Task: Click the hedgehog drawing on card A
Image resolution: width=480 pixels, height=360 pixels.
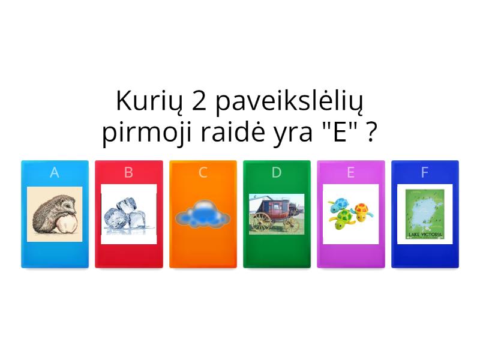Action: (55, 214)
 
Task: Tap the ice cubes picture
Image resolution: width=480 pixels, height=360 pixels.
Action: (128, 214)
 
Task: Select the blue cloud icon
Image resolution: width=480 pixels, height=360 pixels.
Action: (203, 214)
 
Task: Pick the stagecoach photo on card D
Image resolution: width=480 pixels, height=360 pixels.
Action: (277, 214)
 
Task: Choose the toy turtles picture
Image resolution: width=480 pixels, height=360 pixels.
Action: (350, 213)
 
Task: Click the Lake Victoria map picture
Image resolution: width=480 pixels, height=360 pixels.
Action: (424, 214)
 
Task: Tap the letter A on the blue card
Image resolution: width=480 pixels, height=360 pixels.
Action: (55, 173)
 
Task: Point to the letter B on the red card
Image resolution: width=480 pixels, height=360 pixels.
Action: (128, 173)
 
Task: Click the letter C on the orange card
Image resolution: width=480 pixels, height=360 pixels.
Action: (203, 173)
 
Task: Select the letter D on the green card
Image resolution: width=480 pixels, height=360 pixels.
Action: (277, 173)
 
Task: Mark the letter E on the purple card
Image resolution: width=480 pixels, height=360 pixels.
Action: (350, 173)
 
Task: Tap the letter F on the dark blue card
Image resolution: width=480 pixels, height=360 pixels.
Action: (424, 173)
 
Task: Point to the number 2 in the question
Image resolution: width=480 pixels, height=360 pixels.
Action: (197, 101)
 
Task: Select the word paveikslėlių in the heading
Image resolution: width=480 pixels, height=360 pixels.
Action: (288, 103)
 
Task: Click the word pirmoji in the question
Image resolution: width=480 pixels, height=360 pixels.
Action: (143, 133)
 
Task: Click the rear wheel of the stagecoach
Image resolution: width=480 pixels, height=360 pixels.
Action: (261, 223)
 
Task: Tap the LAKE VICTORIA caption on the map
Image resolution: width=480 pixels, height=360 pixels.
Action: (424, 235)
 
